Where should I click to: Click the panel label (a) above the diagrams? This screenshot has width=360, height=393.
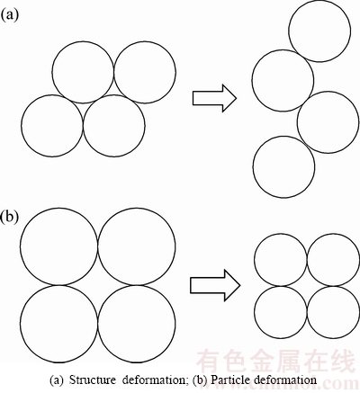(9, 13)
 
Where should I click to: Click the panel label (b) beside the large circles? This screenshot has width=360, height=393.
(10, 218)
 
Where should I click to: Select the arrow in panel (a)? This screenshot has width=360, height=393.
(214, 98)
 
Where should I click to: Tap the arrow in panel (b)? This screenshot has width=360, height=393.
(215, 285)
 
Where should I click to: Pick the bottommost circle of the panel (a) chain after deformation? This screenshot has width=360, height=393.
(283, 137)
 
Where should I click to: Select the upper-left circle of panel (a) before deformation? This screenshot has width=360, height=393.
(83, 41)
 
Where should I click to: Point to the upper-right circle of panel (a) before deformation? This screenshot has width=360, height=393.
(145, 41)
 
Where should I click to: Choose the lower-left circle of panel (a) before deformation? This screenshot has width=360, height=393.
(52, 95)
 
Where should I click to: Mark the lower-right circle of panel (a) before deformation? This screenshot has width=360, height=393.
(114, 95)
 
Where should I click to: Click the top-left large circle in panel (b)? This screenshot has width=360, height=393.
(59, 208)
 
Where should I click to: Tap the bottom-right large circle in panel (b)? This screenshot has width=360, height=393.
(137, 286)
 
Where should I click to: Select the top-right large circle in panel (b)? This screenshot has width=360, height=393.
(137, 208)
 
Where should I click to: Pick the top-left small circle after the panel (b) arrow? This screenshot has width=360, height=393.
(281, 234)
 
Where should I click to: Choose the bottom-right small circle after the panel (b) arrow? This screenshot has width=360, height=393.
(333, 287)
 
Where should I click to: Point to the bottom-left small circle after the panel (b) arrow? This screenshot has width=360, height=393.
(281, 287)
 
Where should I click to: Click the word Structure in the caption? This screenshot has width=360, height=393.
(93, 380)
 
